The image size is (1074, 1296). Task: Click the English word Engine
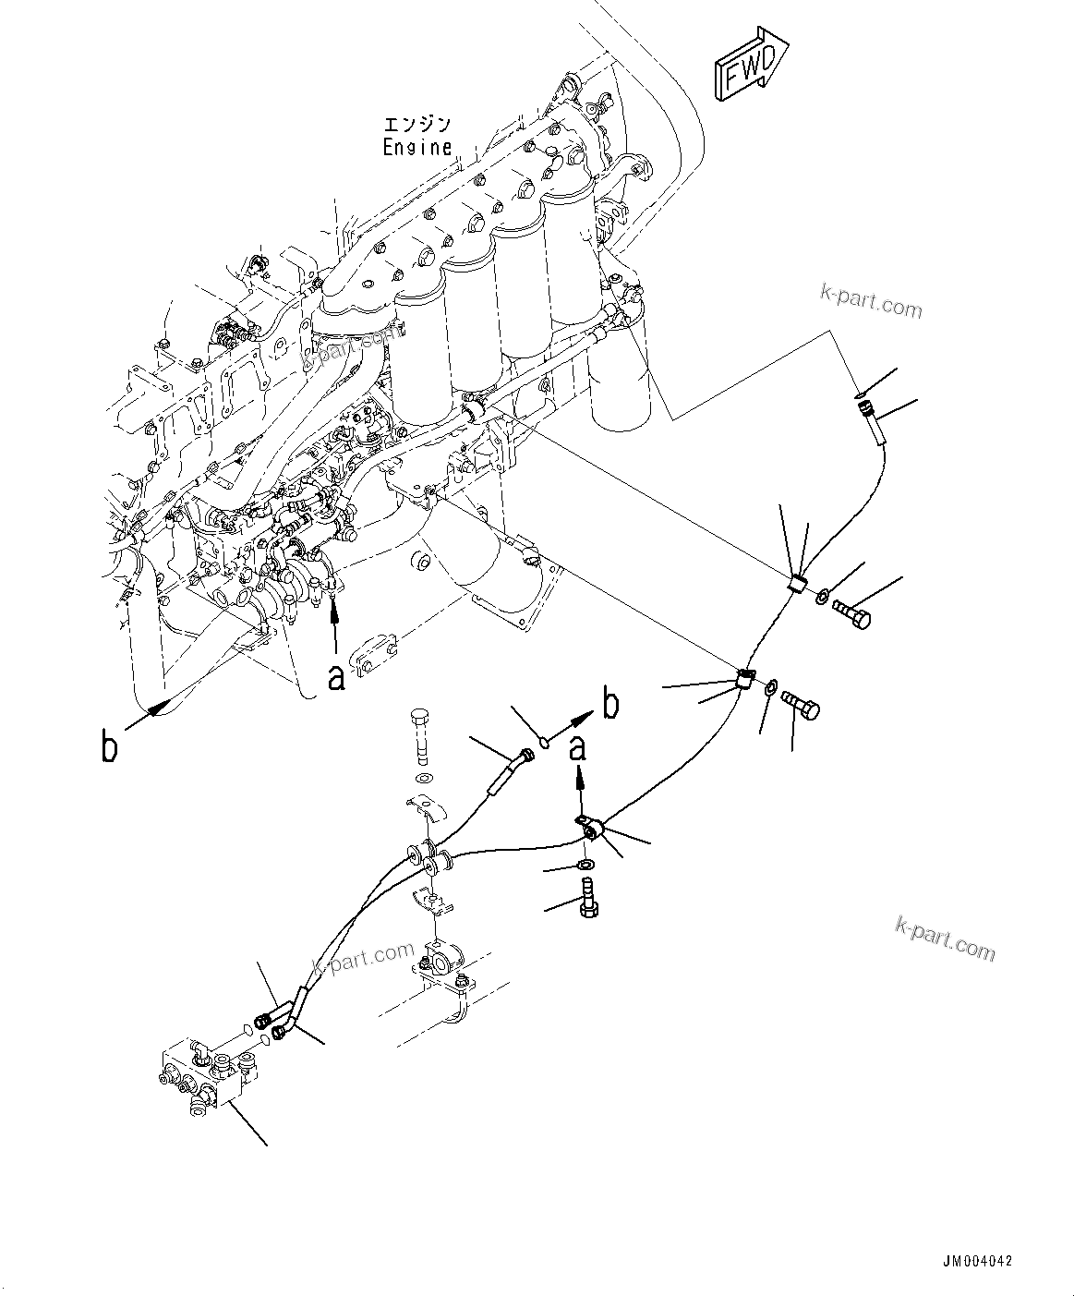point(418,147)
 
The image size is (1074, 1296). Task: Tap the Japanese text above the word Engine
point(418,124)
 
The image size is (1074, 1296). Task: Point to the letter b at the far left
point(109,746)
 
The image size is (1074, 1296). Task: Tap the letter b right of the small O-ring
point(609,704)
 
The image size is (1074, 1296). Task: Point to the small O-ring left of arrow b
point(546,739)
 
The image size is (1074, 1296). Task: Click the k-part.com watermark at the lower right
point(945,939)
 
